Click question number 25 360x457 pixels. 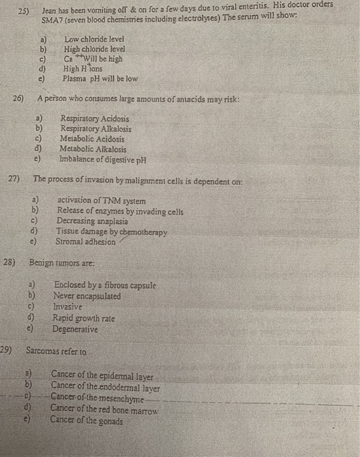(23, 11)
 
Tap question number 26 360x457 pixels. (18, 99)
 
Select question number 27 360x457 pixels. (14, 178)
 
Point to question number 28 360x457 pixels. (10, 262)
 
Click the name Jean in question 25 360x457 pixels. (50, 11)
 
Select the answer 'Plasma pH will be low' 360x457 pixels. (100, 78)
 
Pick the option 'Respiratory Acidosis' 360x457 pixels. (94, 119)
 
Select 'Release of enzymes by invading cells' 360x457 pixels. (120, 211)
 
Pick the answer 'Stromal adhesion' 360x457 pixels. (86, 241)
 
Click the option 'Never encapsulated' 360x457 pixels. (87, 296)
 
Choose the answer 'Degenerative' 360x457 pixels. (75, 330)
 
